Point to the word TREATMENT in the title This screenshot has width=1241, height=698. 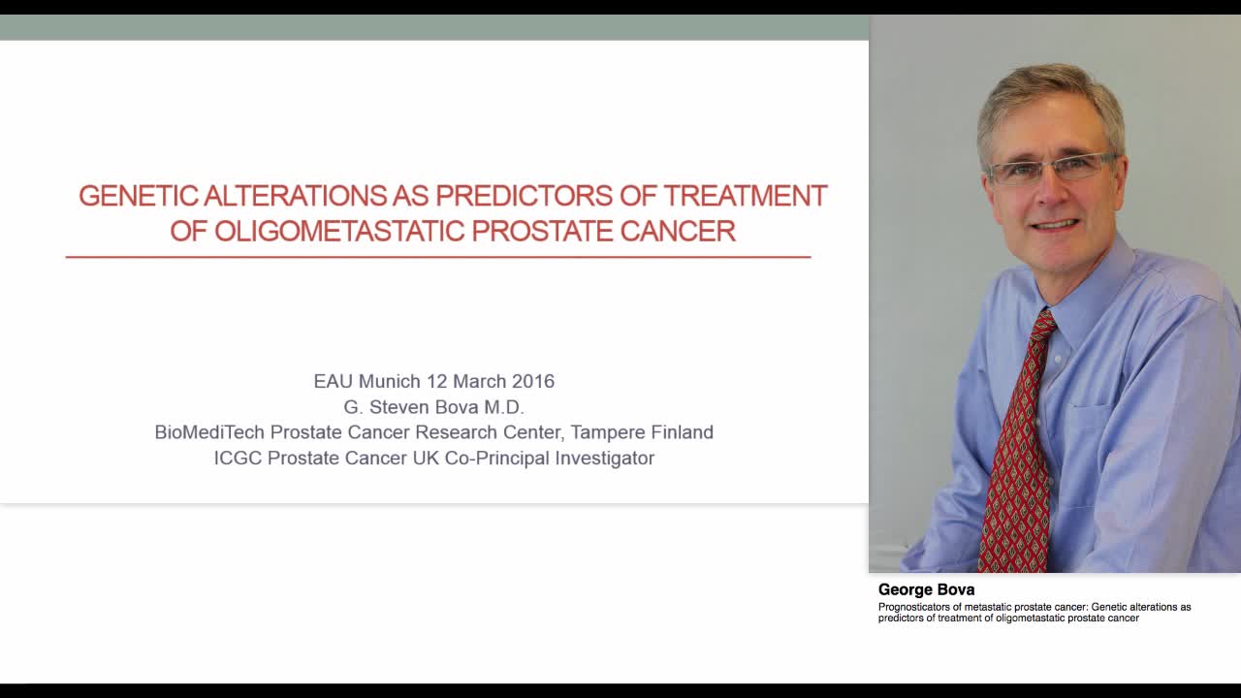[745, 196]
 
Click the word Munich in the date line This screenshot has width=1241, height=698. [390, 381]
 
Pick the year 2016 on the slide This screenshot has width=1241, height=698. [533, 381]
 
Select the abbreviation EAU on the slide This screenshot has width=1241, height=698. [333, 381]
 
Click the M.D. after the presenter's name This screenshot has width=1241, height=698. [504, 407]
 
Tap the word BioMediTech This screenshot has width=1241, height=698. [208, 432]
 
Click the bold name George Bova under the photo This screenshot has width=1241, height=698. [926, 589]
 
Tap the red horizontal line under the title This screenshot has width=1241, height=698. [437, 257]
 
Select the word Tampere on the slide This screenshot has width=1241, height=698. [606, 432]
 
